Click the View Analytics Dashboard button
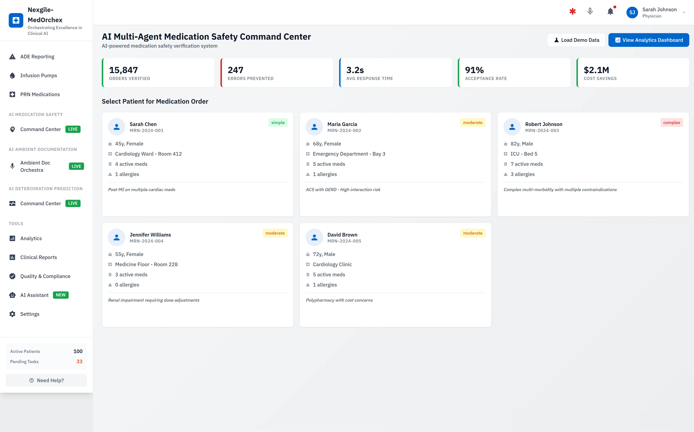pos(648,40)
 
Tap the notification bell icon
pos(610,11)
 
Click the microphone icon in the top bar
pos(590,11)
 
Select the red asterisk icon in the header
pos(572,11)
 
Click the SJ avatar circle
pos(632,13)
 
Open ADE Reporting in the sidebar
pos(37,57)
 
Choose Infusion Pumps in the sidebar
pos(39,75)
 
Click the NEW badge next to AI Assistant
pos(61,295)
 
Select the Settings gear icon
pos(12,314)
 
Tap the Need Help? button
pos(46,380)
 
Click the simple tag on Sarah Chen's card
pos(278,123)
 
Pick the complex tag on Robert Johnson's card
pos(671,123)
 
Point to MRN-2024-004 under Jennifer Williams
pos(147,241)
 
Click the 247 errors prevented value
pos(235,70)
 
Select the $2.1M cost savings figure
pos(596,70)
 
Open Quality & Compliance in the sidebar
pos(45,276)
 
